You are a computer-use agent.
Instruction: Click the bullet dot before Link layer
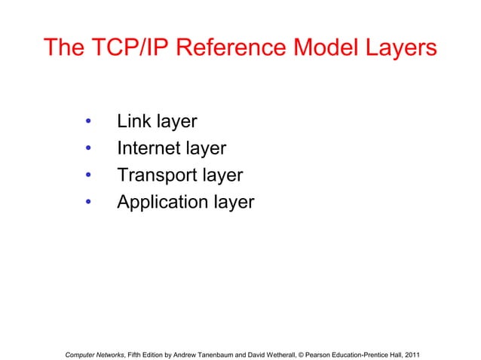88,121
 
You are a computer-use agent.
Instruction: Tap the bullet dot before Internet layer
88,148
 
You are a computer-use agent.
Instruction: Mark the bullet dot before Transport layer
88,175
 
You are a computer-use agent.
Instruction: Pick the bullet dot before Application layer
88,203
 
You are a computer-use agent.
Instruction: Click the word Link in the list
133,121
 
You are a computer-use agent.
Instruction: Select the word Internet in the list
149,148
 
